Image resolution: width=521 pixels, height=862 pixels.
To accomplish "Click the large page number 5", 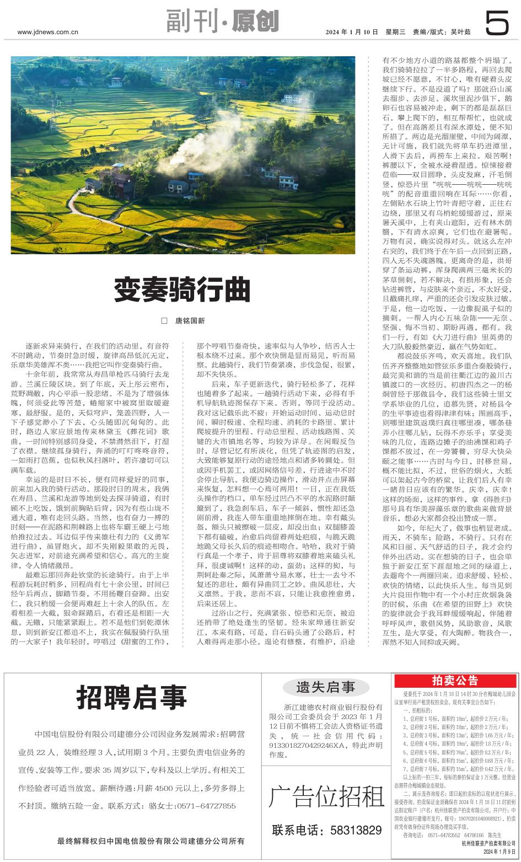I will [x=498, y=24].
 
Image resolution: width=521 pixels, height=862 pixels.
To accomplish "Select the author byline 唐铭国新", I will [x=190, y=320].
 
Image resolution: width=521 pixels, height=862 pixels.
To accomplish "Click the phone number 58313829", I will [x=351, y=830].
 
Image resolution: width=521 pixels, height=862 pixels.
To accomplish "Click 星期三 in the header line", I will [x=394, y=32].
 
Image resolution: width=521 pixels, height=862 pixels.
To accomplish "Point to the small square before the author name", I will [x=164, y=320].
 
